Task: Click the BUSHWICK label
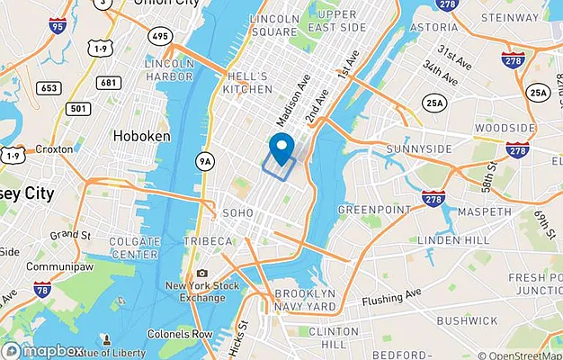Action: click(x=467, y=320)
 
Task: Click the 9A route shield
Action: click(x=206, y=161)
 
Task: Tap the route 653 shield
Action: click(x=49, y=87)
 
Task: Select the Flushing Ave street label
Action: click(x=391, y=299)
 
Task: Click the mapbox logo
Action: click(x=43, y=350)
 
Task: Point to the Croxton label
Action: click(x=55, y=149)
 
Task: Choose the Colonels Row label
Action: click(x=180, y=334)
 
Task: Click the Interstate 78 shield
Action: click(x=41, y=290)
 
